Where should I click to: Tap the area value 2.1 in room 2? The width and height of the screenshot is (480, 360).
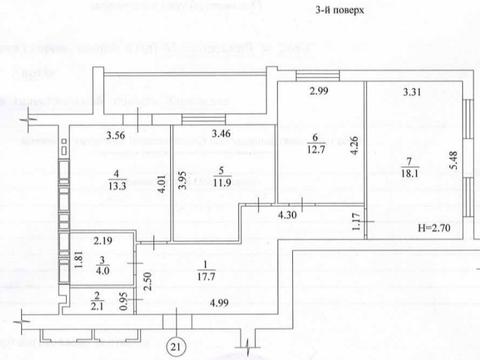pyautogui.click(x=96, y=304)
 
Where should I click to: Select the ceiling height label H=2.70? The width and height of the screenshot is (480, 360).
pyautogui.click(x=432, y=229)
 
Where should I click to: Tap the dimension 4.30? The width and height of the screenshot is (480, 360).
pyautogui.click(x=288, y=214)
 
